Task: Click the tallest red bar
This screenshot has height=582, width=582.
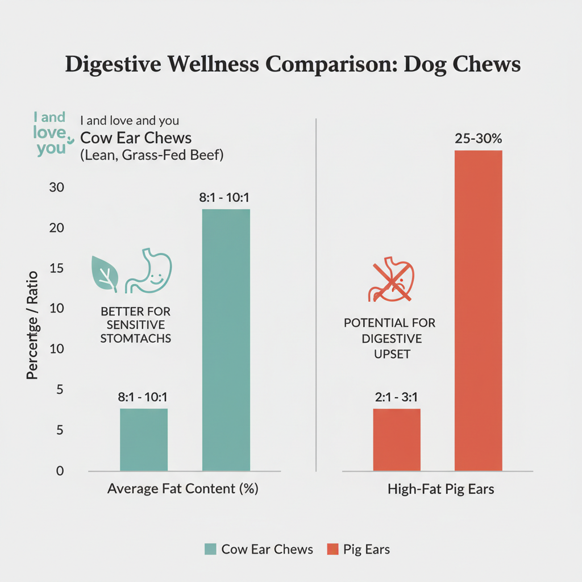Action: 478,310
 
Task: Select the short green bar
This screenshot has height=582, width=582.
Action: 144,439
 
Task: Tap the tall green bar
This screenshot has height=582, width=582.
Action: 226,340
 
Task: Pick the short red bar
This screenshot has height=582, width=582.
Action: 397,439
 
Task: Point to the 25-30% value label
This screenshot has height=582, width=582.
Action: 478,139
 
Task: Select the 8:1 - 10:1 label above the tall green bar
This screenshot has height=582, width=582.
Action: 226,198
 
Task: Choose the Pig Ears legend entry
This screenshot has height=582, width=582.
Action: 358,549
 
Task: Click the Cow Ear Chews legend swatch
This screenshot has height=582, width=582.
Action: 210,549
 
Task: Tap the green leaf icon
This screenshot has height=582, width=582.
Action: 106,273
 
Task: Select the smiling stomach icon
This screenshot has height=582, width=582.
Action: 149,272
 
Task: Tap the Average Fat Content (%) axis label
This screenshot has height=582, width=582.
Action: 183,489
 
